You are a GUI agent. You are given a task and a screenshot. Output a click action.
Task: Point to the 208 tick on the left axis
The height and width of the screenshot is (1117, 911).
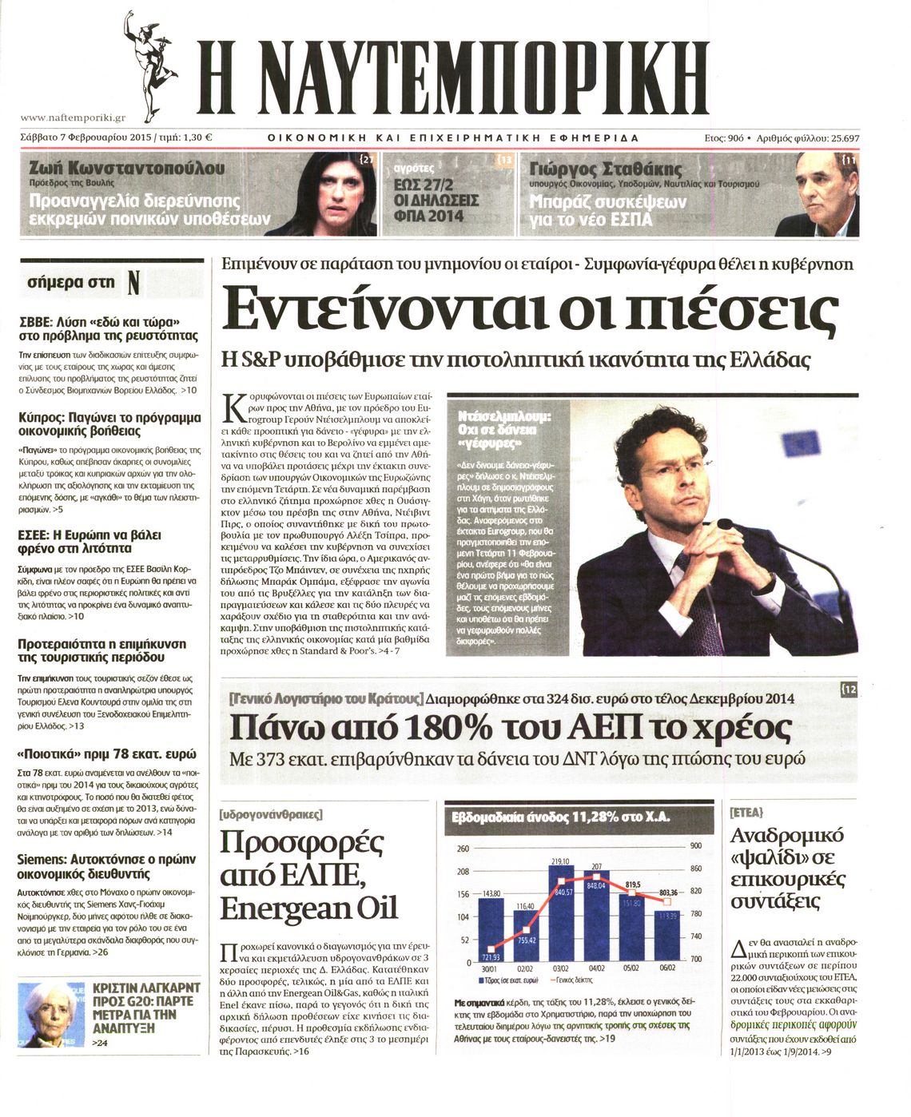(462, 871)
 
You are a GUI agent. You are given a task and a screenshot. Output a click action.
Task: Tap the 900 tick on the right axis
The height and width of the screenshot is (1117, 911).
(695, 846)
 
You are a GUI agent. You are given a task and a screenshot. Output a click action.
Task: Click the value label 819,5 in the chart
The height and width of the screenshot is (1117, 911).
(632, 884)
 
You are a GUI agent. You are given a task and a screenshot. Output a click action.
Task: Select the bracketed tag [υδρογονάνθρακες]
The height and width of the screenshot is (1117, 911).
(270, 815)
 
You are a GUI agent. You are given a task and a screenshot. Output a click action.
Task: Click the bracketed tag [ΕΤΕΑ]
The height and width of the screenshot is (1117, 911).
(747, 812)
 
